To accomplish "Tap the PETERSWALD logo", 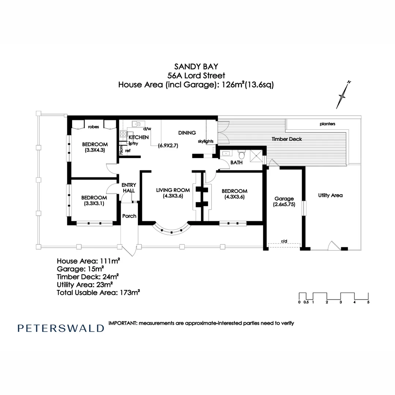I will pos(61,328).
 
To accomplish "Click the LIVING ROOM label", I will pos(173,190).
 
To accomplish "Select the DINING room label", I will pos(187,133).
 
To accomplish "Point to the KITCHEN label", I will pos(139,138).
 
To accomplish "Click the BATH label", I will pos(236,163).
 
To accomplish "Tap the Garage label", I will pos(284,199).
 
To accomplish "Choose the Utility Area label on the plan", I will pos(330,195).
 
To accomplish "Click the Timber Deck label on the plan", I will pos(286,139).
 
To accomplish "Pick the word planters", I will pos(327,124).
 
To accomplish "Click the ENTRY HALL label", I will pos(128,188).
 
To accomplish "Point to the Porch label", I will pos(129,216).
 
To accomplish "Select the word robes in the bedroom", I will pos(94,127).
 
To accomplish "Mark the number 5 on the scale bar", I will pos(368,302).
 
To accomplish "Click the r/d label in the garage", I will pos(284,241).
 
